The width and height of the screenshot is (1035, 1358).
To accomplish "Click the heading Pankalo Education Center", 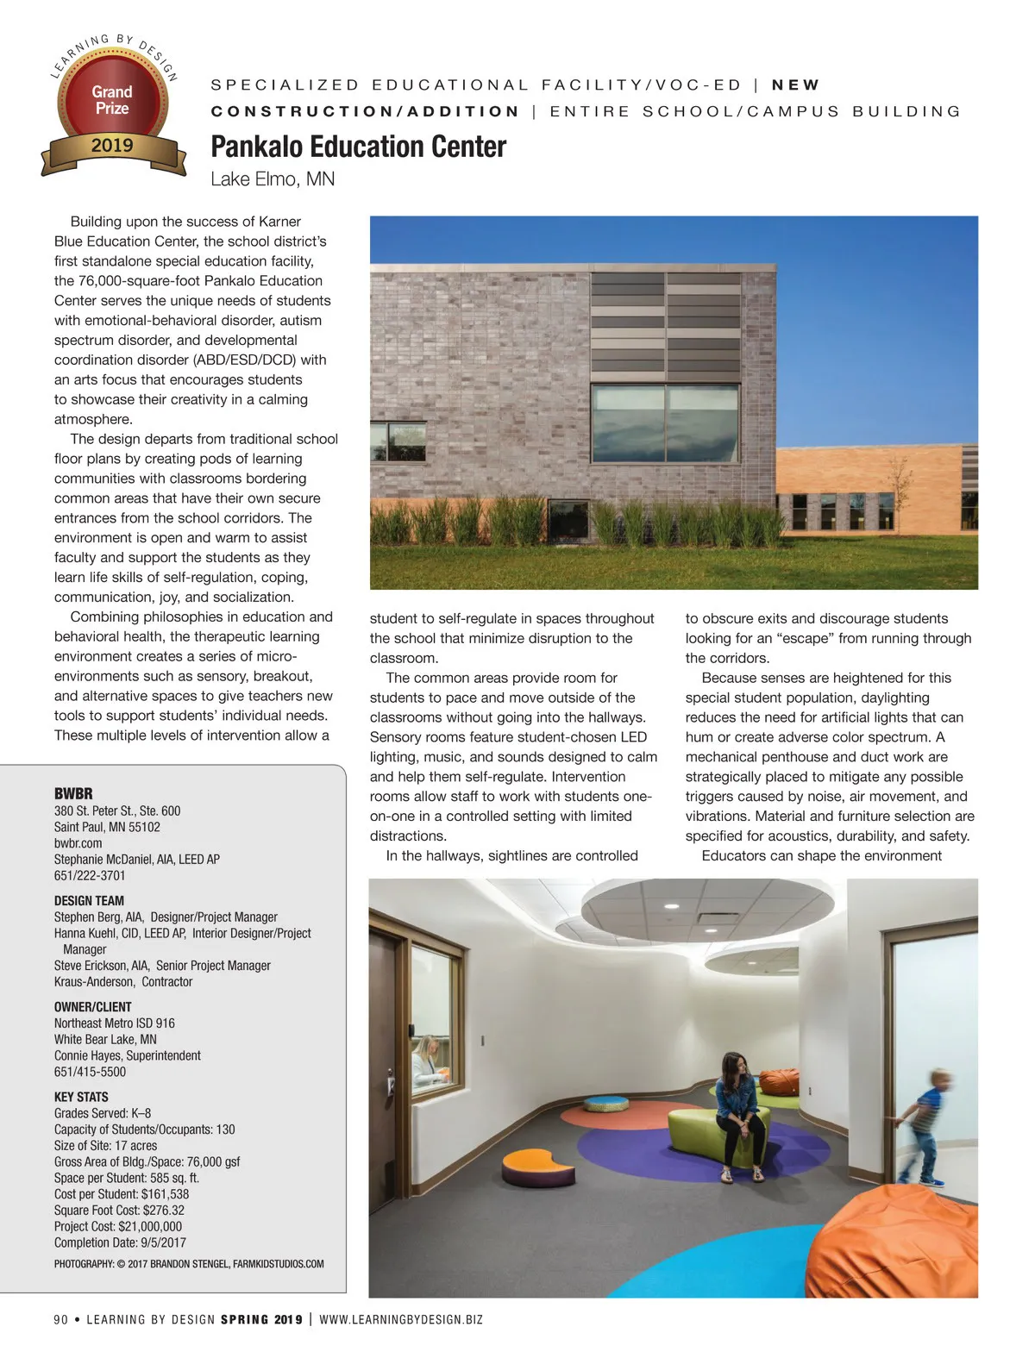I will point(358,147).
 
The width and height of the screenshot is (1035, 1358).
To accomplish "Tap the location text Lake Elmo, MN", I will point(273,179).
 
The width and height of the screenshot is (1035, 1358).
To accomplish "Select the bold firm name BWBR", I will point(73,793).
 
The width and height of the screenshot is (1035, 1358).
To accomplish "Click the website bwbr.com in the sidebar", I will point(78,843).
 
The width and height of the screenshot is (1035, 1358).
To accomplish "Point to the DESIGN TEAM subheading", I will point(89,901).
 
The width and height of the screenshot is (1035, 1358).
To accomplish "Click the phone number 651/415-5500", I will point(90,1072).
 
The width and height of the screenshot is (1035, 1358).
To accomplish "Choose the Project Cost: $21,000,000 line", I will point(118,1226).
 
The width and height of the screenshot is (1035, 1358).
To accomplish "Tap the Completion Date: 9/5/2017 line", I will point(120,1242).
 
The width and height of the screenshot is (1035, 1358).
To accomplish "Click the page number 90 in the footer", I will point(60,1319).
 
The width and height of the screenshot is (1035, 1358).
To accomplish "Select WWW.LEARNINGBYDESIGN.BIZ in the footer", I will point(401,1319).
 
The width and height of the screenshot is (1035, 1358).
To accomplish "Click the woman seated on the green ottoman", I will point(739,1112).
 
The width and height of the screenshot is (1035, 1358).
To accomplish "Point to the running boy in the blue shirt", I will point(923,1130).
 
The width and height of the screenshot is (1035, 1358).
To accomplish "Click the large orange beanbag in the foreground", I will point(906,1242).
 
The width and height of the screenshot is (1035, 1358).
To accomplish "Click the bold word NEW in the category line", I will point(795,85).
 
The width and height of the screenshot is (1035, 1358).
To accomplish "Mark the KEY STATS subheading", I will point(81,1097).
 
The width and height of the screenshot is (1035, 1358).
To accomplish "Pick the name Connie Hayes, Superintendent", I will point(128,1055).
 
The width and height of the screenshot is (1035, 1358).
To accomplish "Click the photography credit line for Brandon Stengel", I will point(189,1264).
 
